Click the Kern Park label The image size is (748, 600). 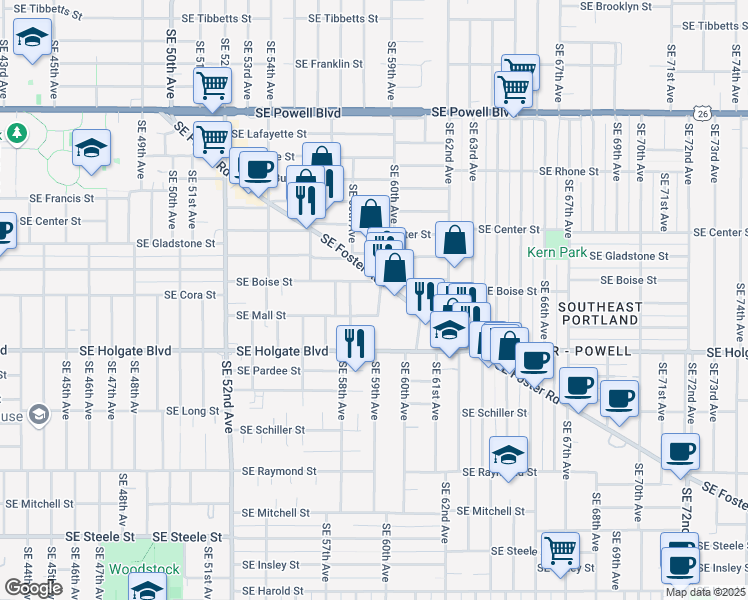(559, 253)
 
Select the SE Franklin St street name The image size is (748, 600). (329, 64)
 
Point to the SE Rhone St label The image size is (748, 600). (568, 172)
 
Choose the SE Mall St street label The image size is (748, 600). (260, 315)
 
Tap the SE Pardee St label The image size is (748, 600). (268, 371)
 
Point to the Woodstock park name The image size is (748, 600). (144, 569)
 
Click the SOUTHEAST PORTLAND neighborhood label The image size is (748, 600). (598, 312)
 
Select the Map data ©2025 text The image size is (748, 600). (706, 592)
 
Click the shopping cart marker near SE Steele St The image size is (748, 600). (560, 549)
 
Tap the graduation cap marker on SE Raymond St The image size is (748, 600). (509, 454)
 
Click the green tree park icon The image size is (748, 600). (16, 133)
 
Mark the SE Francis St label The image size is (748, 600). (62, 198)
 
